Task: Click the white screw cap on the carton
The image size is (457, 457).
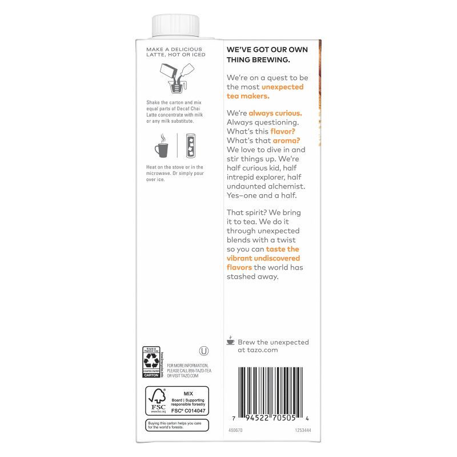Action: tap(175, 26)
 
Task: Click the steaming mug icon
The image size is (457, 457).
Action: tap(161, 147)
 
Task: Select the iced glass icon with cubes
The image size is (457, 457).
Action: tap(188, 146)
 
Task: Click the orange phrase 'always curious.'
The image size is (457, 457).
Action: tap(275, 113)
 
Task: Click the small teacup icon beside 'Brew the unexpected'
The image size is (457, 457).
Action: tap(231, 340)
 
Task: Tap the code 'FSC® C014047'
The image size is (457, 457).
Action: tap(187, 410)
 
